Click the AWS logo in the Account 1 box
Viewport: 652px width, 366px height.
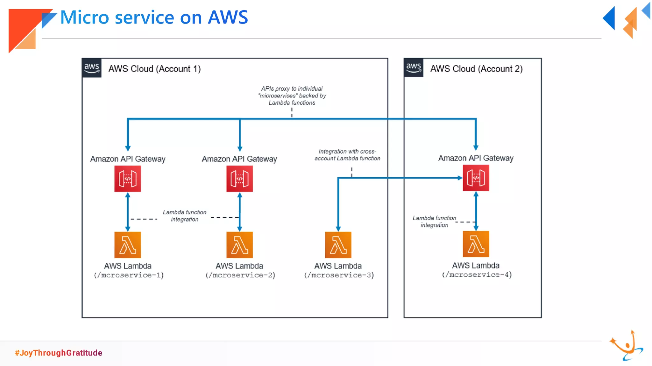(92, 68)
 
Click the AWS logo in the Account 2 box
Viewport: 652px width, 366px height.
(414, 68)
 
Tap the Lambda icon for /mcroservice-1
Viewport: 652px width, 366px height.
(128, 245)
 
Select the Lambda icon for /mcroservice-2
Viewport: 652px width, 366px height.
(239, 245)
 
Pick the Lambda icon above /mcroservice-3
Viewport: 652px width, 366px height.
(338, 245)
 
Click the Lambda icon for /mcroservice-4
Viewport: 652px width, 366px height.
(476, 244)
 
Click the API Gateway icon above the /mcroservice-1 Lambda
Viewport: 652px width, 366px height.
(128, 179)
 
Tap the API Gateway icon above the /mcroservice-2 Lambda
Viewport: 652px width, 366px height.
(239, 179)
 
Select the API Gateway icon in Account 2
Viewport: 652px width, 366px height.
(476, 178)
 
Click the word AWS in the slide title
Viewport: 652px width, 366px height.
(228, 17)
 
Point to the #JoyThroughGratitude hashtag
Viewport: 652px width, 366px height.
(59, 353)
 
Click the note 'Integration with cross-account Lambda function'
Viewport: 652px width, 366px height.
(347, 155)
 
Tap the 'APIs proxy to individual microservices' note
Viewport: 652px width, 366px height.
(292, 96)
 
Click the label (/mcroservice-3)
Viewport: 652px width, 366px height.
(339, 275)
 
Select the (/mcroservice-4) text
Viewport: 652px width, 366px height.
(477, 274)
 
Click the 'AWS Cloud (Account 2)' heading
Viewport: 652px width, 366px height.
(476, 69)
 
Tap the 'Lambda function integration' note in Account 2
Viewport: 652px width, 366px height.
(434, 221)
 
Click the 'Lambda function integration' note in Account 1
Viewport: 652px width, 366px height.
(185, 216)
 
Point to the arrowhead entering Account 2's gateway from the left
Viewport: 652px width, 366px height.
(460, 178)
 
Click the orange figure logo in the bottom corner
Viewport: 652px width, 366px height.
(626, 346)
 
